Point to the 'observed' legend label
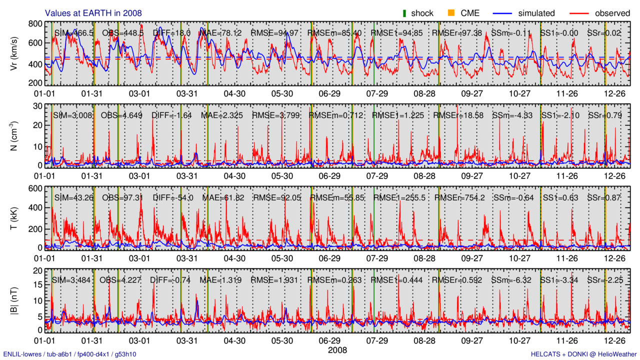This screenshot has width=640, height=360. (612, 13)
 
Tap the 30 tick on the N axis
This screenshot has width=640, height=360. (36, 106)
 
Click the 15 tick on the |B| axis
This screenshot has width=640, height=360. (36, 285)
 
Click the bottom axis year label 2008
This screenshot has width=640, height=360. (337, 350)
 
